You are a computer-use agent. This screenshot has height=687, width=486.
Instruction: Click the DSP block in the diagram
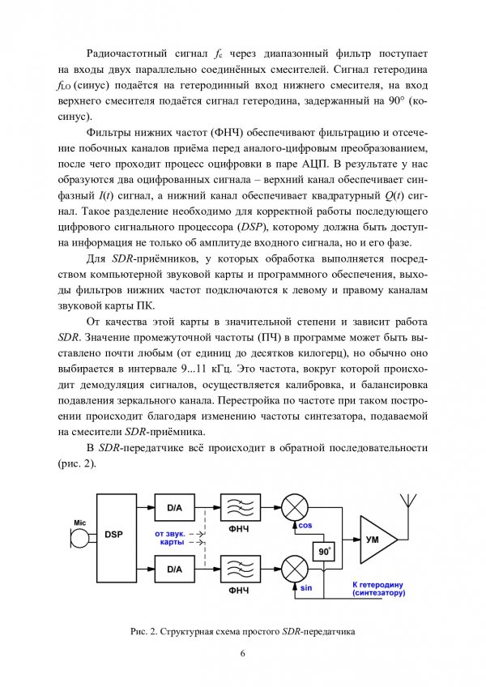114,536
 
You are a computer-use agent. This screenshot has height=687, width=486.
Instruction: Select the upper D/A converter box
174,508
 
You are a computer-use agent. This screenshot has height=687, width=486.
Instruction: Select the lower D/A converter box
174,570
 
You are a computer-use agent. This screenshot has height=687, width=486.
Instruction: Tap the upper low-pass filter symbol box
240,509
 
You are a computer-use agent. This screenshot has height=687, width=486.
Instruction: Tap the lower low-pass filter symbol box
240,570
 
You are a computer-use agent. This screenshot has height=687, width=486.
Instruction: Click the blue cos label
306,525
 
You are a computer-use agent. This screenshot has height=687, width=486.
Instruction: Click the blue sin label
306,587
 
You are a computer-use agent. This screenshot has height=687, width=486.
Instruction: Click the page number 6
241,655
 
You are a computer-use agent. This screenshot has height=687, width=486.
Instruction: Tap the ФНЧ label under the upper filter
240,531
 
